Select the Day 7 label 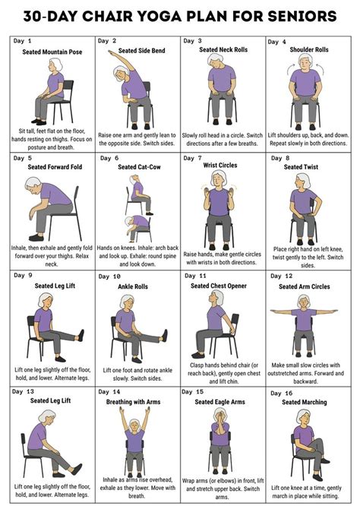click(193, 158)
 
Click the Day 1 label click(24, 40)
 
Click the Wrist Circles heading click(219, 167)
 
